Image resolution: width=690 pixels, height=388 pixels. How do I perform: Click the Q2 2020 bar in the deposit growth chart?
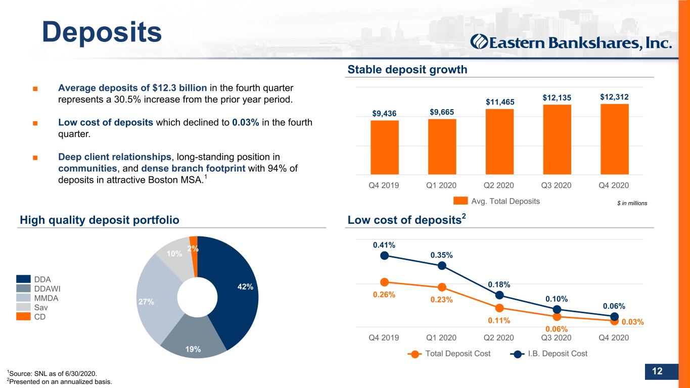pyautogui.click(x=499, y=141)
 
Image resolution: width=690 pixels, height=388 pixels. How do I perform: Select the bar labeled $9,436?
pyautogui.click(x=385, y=148)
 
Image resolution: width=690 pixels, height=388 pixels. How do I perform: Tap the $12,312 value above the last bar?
pyautogui.click(x=614, y=98)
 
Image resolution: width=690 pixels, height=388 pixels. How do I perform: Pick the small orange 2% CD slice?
pyautogui.click(x=194, y=257)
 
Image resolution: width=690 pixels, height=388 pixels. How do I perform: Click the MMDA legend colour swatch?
pyautogui.click(x=23, y=298)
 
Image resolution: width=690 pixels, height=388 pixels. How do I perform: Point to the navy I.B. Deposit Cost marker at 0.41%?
pyautogui.click(x=384, y=256)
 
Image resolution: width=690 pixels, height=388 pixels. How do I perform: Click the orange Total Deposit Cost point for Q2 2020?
pyautogui.click(x=499, y=308)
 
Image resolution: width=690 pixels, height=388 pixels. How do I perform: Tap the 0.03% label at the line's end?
pyautogui.click(x=633, y=322)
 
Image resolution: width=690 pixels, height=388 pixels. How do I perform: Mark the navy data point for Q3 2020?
pyautogui.click(x=557, y=310)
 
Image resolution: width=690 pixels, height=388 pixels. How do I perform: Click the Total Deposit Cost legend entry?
pyautogui.click(x=449, y=354)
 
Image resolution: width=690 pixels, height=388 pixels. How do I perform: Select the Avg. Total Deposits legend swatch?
pyautogui.click(x=461, y=201)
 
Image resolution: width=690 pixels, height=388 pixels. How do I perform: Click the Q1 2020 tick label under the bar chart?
pyautogui.click(x=441, y=185)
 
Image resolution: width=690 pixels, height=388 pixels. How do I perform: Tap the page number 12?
pyautogui.click(x=657, y=371)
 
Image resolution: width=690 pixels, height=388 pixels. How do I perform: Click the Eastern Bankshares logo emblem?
pyautogui.click(x=479, y=42)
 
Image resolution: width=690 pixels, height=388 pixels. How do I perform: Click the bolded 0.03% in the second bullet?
pyautogui.click(x=246, y=123)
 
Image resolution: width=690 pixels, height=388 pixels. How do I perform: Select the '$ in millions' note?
pyautogui.click(x=632, y=203)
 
